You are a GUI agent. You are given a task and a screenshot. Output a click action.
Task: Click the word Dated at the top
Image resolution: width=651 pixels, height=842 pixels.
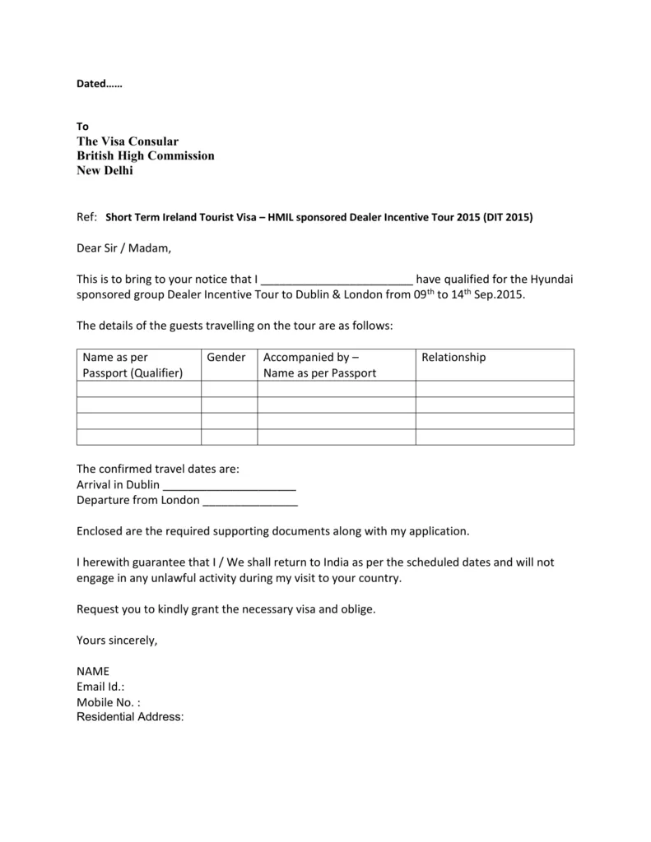coord(91,84)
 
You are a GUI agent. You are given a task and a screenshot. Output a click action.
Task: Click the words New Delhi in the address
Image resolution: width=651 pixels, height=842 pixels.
coord(105,170)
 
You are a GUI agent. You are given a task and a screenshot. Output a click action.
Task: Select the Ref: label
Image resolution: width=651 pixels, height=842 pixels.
coord(86,217)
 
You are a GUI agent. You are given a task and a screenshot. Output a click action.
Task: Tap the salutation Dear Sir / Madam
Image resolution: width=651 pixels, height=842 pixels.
coord(125,248)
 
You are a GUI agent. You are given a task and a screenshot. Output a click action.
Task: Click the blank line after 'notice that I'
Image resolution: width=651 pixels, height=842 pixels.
coord(336,280)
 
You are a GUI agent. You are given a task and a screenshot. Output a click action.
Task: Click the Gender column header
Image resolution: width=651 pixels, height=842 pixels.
coord(226,357)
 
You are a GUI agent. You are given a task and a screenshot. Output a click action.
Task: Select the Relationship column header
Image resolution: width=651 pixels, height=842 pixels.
coord(453,357)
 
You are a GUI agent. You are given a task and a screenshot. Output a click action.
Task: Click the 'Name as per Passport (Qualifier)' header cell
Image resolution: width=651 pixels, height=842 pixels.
coord(133,364)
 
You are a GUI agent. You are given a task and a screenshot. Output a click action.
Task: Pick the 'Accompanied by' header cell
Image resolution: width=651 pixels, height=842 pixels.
coord(319,364)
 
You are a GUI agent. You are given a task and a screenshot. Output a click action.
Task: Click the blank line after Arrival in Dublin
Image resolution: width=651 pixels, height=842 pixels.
coord(230,484)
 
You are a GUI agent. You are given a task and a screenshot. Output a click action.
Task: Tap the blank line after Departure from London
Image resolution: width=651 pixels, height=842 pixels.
coord(250,500)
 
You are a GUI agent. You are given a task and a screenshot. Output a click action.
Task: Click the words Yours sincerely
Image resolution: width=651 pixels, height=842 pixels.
coord(117,640)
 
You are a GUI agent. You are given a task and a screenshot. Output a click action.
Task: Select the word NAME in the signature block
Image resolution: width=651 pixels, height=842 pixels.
coord(92,671)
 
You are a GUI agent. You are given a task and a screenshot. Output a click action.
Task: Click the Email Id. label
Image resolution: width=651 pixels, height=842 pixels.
coord(100,687)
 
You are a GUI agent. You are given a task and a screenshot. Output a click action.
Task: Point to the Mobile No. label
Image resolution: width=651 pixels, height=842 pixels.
coord(108,702)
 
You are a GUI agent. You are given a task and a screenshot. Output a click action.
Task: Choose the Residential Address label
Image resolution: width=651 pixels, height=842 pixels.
coord(130,717)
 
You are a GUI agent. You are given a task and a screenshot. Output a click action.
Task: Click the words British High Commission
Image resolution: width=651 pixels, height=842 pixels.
coord(146,155)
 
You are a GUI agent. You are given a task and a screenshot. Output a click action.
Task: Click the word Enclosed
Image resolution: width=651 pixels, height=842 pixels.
coord(102,531)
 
